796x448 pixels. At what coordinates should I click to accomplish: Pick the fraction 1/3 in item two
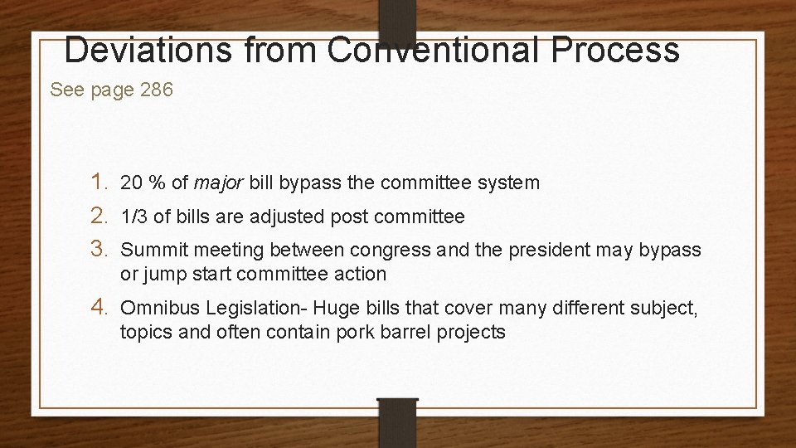point(134,217)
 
